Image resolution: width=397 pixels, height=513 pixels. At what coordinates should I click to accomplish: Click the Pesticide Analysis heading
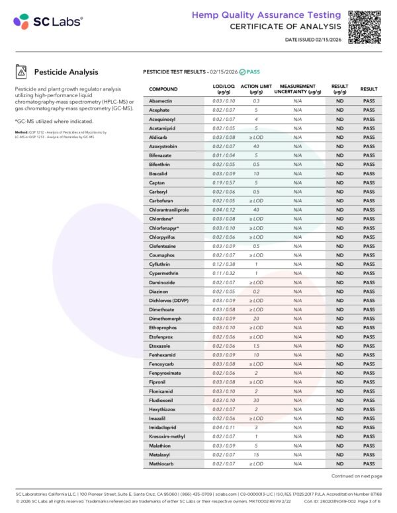click(66, 72)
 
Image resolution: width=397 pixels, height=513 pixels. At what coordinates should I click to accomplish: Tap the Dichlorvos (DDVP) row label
click(169, 300)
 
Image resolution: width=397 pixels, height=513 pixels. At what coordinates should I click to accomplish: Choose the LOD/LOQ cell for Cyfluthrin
click(224, 264)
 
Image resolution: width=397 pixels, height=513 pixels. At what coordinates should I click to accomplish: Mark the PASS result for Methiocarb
click(369, 463)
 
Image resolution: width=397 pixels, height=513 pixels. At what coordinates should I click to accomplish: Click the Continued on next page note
click(356, 476)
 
